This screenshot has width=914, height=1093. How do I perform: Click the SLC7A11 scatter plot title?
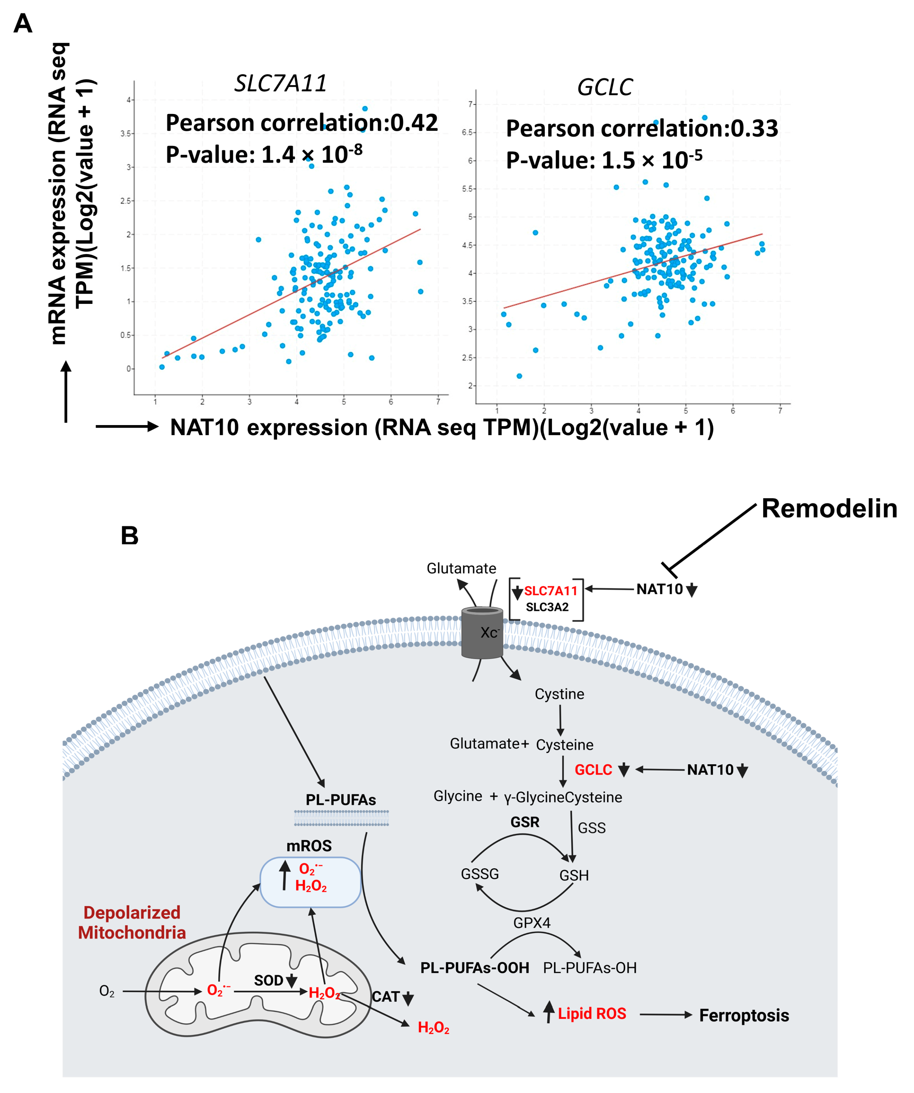[280, 83]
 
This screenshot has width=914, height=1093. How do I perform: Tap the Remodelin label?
[829, 509]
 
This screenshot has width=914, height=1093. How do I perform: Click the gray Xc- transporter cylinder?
[482, 632]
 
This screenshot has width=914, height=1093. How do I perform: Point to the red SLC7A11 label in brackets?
[550, 591]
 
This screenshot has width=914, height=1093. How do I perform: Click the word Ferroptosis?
[743, 1015]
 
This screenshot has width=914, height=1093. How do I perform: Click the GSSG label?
[480, 874]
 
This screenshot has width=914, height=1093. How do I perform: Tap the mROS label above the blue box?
[309, 846]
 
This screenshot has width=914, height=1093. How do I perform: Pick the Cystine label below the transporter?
[559, 694]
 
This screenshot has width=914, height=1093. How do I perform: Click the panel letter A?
[23, 24]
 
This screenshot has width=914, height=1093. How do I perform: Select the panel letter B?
[129, 536]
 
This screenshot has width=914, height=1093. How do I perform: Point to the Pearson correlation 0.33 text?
[641, 129]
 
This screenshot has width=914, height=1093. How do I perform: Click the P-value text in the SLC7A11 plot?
[264, 155]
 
